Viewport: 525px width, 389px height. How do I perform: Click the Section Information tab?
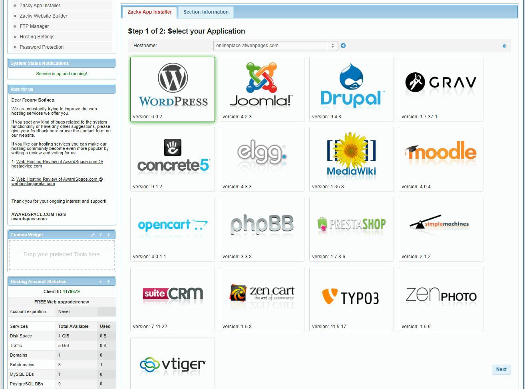tap(206, 12)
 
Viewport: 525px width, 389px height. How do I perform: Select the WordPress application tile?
tap(173, 89)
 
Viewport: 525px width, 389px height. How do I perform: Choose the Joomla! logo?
tap(261, 84)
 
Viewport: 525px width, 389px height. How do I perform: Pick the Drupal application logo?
tap(352, 85)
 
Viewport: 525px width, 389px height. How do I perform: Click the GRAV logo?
tap(441, 82)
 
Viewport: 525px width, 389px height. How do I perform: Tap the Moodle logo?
tap(441, 151)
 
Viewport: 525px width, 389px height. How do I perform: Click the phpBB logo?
tap(262, 224)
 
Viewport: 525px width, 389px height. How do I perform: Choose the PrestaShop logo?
tap(352, 224)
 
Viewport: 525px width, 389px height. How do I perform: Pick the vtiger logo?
tap(173, 365)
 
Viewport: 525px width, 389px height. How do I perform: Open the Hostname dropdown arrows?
tap(332, 46)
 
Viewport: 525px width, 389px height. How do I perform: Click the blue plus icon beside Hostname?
tap(343, 46)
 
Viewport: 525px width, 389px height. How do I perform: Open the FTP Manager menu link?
tap(34, 26)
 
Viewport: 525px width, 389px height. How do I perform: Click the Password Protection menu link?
tap(42, 47)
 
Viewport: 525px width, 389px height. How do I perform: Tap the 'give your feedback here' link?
tap(35, 131)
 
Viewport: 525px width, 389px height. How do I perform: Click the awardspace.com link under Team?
tap(29, 219)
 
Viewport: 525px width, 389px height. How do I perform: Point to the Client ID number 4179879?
tap(71, 291)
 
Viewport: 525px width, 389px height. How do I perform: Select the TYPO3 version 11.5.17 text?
tap(329, 327)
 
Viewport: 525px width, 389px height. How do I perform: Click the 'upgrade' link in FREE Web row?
tap(66, 302)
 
